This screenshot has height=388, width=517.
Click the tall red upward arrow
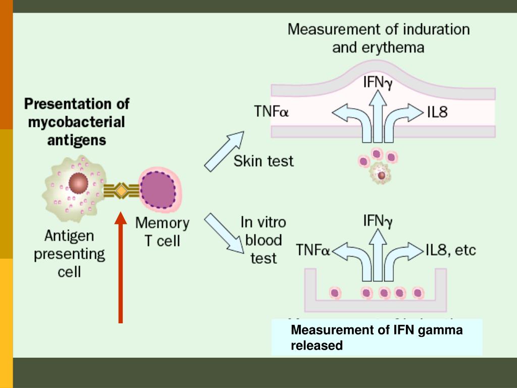click(x=121, y=268)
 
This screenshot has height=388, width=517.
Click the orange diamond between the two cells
click(x=121, y=191)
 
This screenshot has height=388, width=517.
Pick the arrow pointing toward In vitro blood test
click(x=224, y=232)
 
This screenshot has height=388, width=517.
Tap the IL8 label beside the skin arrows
click(x=437, y=112)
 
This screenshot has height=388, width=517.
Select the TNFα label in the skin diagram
click(x=271, y=111)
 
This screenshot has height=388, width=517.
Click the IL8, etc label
click(x=450, y=250)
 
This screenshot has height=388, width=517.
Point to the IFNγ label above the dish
click(x=378, y=221)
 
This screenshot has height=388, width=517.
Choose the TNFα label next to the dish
click(x=313, y=250)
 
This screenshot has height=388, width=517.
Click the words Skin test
click(x=263, y=161)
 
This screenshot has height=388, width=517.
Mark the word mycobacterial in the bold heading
click(x=75, y=122)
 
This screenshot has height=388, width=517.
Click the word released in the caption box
click(x=317, y=346)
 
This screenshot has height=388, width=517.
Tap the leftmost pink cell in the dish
click(x=334, y=293)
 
